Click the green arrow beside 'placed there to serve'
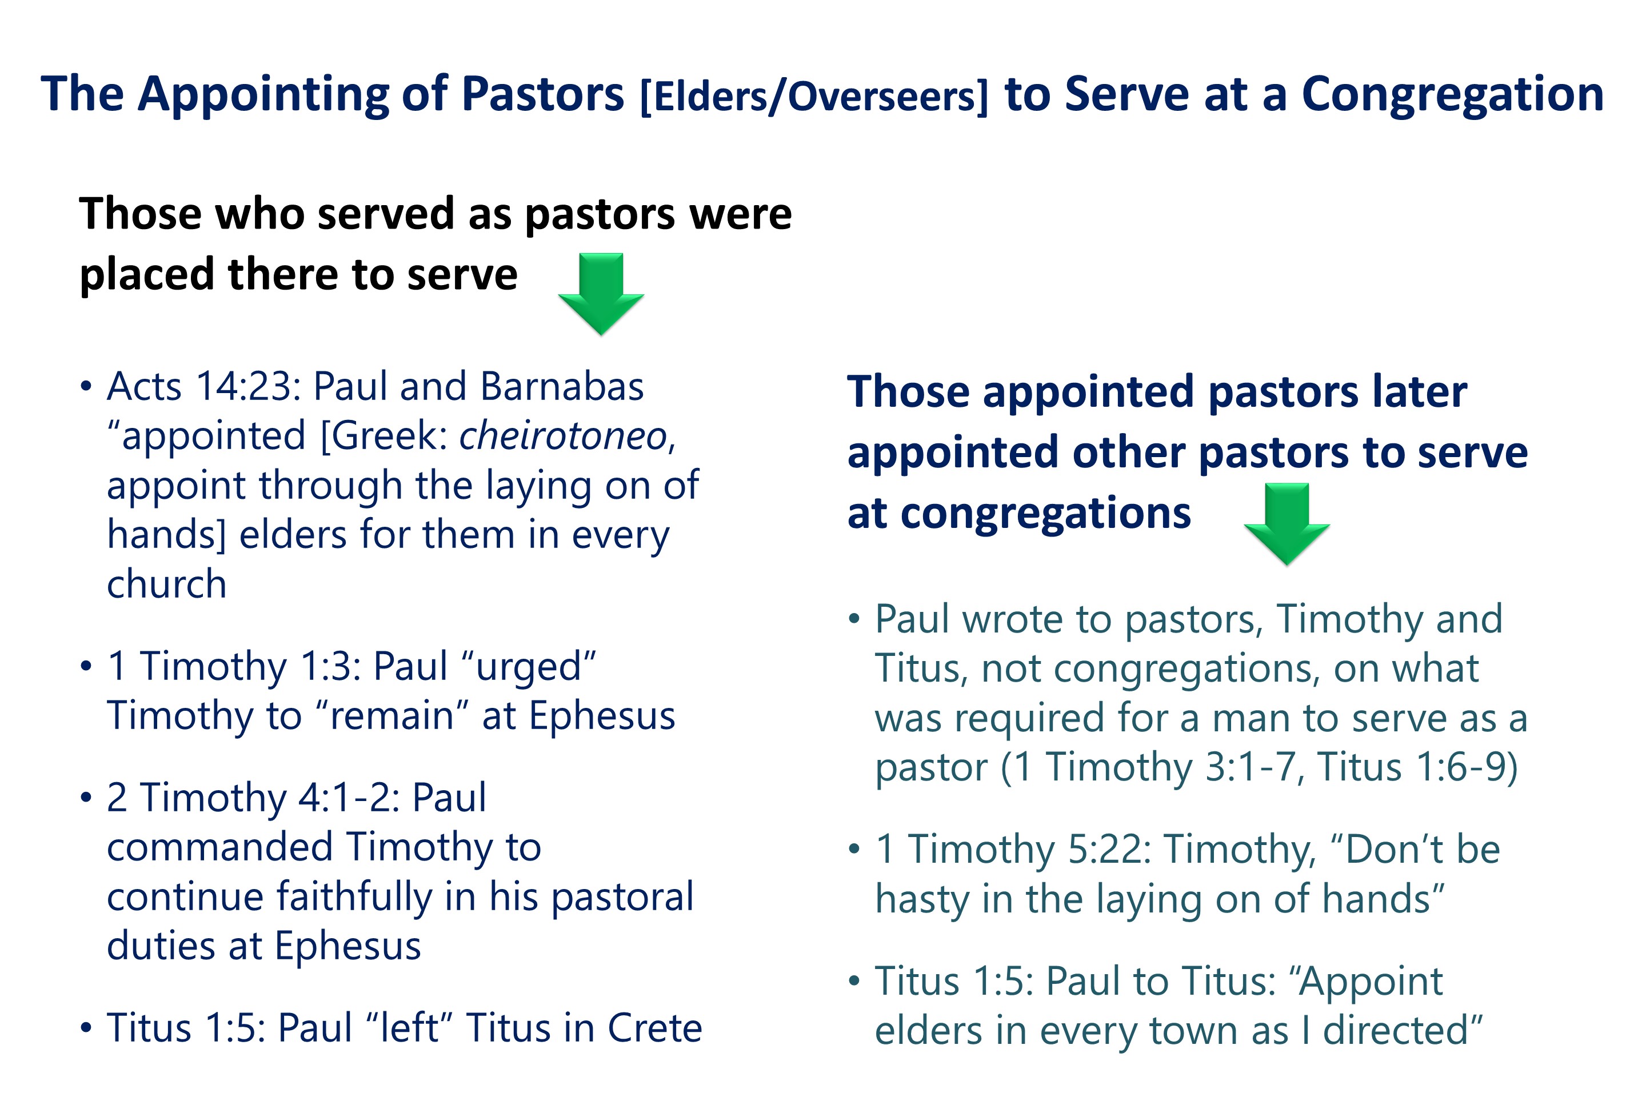[x=601, y=294]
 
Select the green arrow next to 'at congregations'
[x=1287, y=524]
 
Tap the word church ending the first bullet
[x=166, y=584]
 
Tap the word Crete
[x=654, y=1028]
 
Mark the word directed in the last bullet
[x=1403, y=1030]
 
